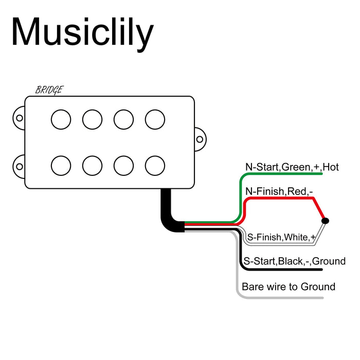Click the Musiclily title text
pyautogui.click(x=82, y=32)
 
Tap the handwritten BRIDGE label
pyautogui.click(x=49, y=90)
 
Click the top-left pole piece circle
pyautogui.click(x=61, y=119)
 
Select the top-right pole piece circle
pyautogui.click(x=155, y=119)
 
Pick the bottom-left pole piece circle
pyautogui.click(x=61, y=166)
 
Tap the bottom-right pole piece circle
pyautogui.click(x=155, y=166)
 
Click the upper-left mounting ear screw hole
pyautogui.click(x=20, y=118)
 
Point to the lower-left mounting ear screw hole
pyautogui.click(x=20, y=167)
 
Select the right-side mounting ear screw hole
pyautogui.click(x=200, y=138)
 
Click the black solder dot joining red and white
pyautogui.click(x=325, y=221)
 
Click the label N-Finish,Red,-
pyautogui.click(x=279, y=191)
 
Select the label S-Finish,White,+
pyautogui.click(x=281, y=238)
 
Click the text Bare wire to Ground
pyautogui.click(x=288, y=286)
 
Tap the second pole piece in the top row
pyautogui.click(x=92, y=119)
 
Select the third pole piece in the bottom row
pyautogui.click(x=123, y=166)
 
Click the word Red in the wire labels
pyautogui.click(x=297, y=191)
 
